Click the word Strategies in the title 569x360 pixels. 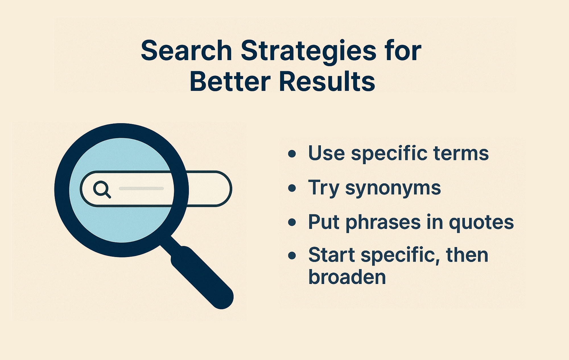(x=308, y=51)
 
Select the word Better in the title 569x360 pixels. (x=230, y=82)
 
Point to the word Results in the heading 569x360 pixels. (x=327, y=82)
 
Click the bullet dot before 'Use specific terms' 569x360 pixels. (x=292, y=154)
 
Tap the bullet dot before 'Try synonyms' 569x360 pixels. (x=292, y=188)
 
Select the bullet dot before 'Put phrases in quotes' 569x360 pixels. (x=292, y=222)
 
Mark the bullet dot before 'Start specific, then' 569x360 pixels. (x=292, y=255)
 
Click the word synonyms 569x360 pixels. (x=393, y=189)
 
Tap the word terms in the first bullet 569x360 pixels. (x=461, y=153)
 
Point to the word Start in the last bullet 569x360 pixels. (x=331, y=255)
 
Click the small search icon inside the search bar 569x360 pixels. (x=102, y=189)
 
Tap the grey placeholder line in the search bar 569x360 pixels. (x=141, y=188)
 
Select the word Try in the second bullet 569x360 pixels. (x=324, y=189)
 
